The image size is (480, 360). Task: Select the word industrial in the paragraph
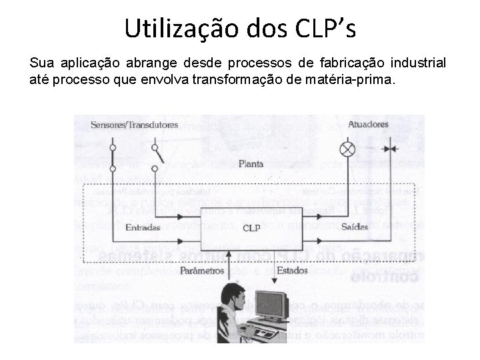pos(419,64)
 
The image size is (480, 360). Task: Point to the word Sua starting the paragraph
pos(41,64)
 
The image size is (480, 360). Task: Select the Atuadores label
pos(367,124)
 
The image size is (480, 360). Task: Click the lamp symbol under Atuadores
pos(347,148)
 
